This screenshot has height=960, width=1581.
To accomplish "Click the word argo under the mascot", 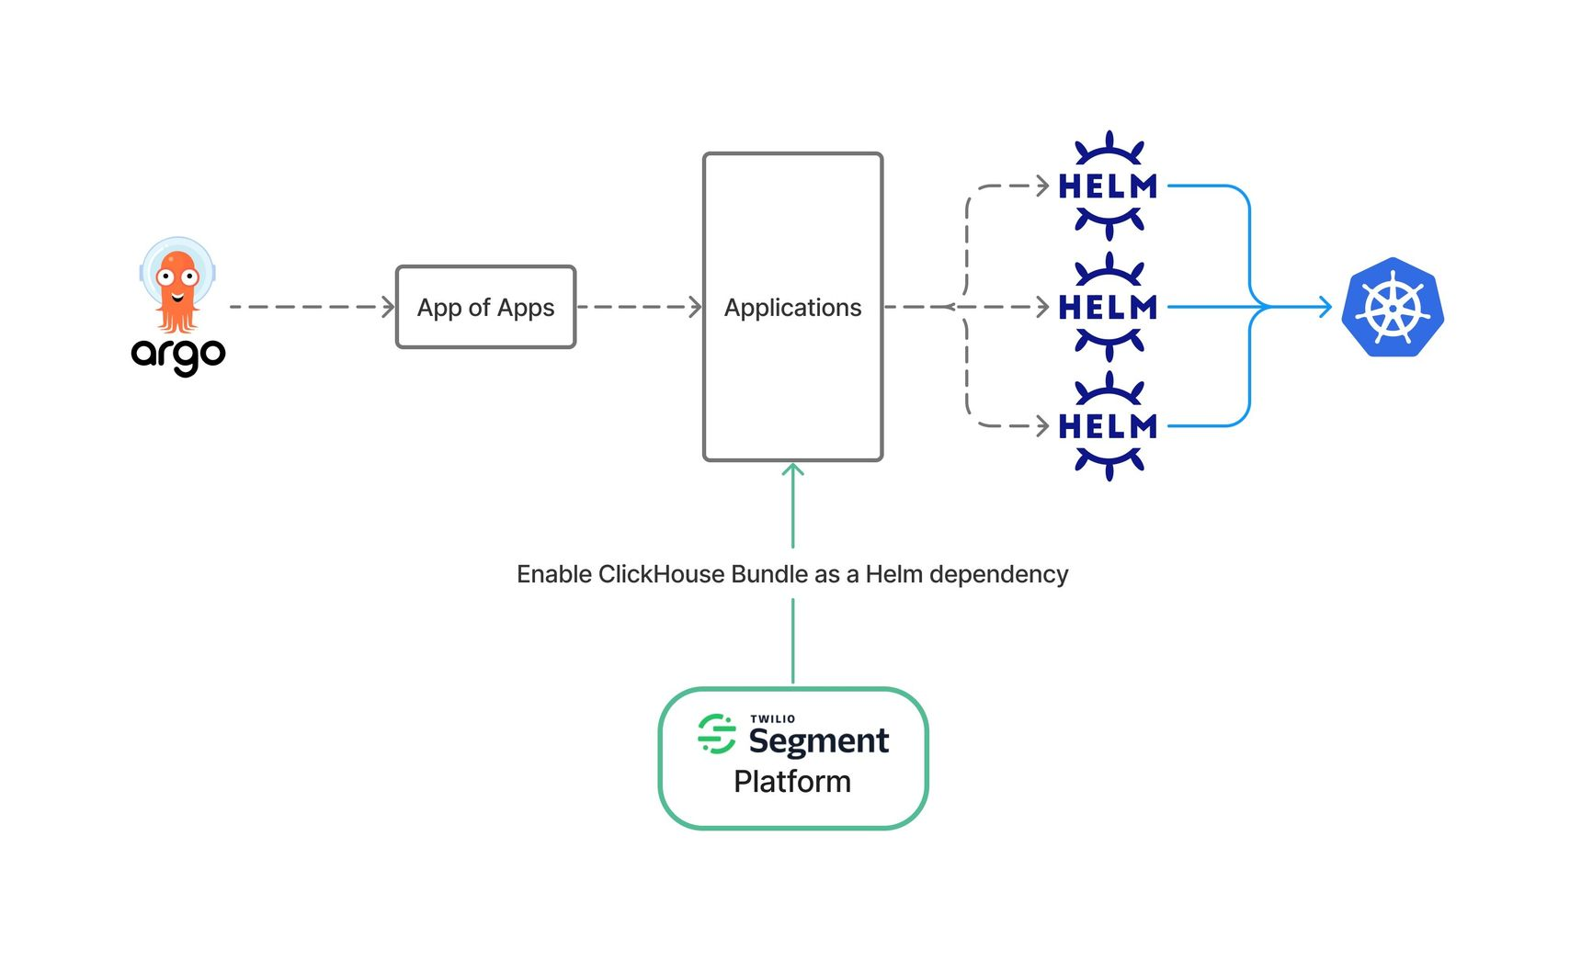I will (x=178, y=354).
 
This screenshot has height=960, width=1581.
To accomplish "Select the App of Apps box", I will (x=485, y=307).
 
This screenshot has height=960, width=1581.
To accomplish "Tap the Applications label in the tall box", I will (x=792, y=307).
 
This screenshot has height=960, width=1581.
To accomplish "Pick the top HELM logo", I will (x=1109, y=186).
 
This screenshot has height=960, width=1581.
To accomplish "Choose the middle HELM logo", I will (x=1109, y=307).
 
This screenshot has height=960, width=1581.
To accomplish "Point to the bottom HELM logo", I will (x=1109, y=426).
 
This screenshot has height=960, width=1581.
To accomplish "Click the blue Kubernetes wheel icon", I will (x=1393, y=307).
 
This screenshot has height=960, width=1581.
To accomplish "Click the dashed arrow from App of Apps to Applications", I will (x=639, y=307).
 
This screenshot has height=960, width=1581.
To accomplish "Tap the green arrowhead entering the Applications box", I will (x=792, y=470).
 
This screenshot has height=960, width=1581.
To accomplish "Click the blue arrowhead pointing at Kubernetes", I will (x=1325, y=307).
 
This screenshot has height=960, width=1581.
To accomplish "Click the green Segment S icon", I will (x=717, y=734).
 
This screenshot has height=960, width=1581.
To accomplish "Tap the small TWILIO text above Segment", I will (x=772, y=718).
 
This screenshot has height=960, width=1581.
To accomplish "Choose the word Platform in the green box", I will (x=792, y=782).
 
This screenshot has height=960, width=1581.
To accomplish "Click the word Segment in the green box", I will (x=819, y=740).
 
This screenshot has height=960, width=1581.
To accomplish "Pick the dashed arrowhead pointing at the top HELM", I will (x=1042, y=186).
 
